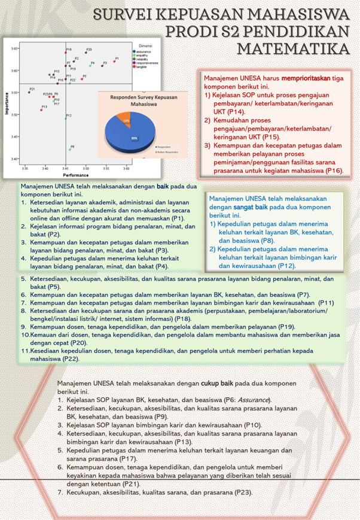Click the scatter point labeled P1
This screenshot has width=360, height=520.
pyautogui.click(x=114, y=62)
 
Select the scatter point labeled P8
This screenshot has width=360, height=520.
pyautogui.click(x=70, y=150)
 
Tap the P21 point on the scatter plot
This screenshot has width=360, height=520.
pyautogui.click(x=29, y=92)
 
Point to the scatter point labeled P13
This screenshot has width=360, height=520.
pyautogui.click(x=41, y=110)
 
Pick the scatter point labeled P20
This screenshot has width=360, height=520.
pyautogui.click(x=86, y=53)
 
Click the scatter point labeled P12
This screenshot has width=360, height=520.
pyautogui.click(x=66, y=118)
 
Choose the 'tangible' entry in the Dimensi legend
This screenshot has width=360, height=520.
pyautogui.click(x=142, y=67)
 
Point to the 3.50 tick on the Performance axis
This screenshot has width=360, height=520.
pyautogui.click(x=86, y=169)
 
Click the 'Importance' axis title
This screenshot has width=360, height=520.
pyautogui.click(x=7, y=103)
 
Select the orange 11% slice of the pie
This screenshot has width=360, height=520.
pyautogui.click(x=126, y=120)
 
